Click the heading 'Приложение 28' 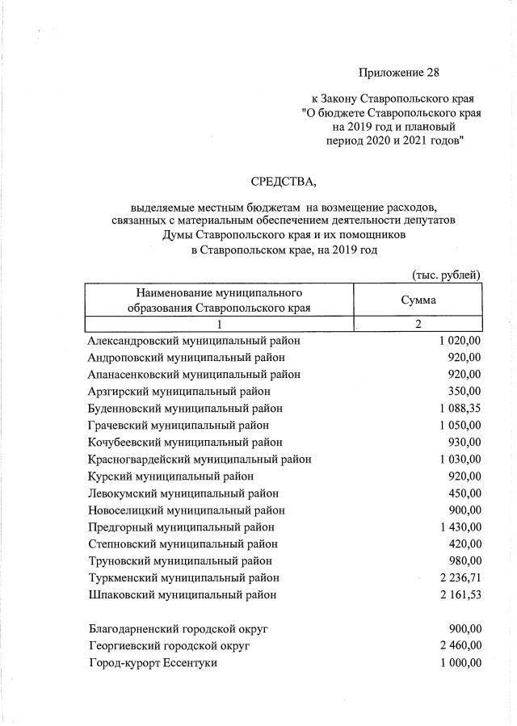tap(399, 73)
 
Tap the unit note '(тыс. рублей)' tap(446, 275)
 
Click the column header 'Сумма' tap(418, 300)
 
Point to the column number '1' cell tap(219, 324)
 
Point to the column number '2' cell tap(418, 324)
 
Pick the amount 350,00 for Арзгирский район tap(464, 391)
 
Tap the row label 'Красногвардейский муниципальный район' tap(200, 459)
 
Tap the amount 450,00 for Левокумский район tap(464, 493)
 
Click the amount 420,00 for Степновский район tap(464, 543)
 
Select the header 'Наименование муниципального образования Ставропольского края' tap(219, 300)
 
